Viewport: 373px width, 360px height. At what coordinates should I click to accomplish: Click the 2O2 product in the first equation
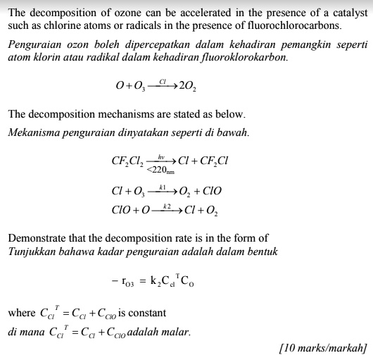pyautogui.click(x=188, y=87)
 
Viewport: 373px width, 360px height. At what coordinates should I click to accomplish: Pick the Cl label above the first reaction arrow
pyautogui.click(x=163, y=81)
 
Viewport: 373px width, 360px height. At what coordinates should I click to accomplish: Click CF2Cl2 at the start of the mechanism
pyautogui.click(x=127, y=161)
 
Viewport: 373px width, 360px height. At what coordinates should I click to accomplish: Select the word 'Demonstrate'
pyautogui.click(x=36, y=238)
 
